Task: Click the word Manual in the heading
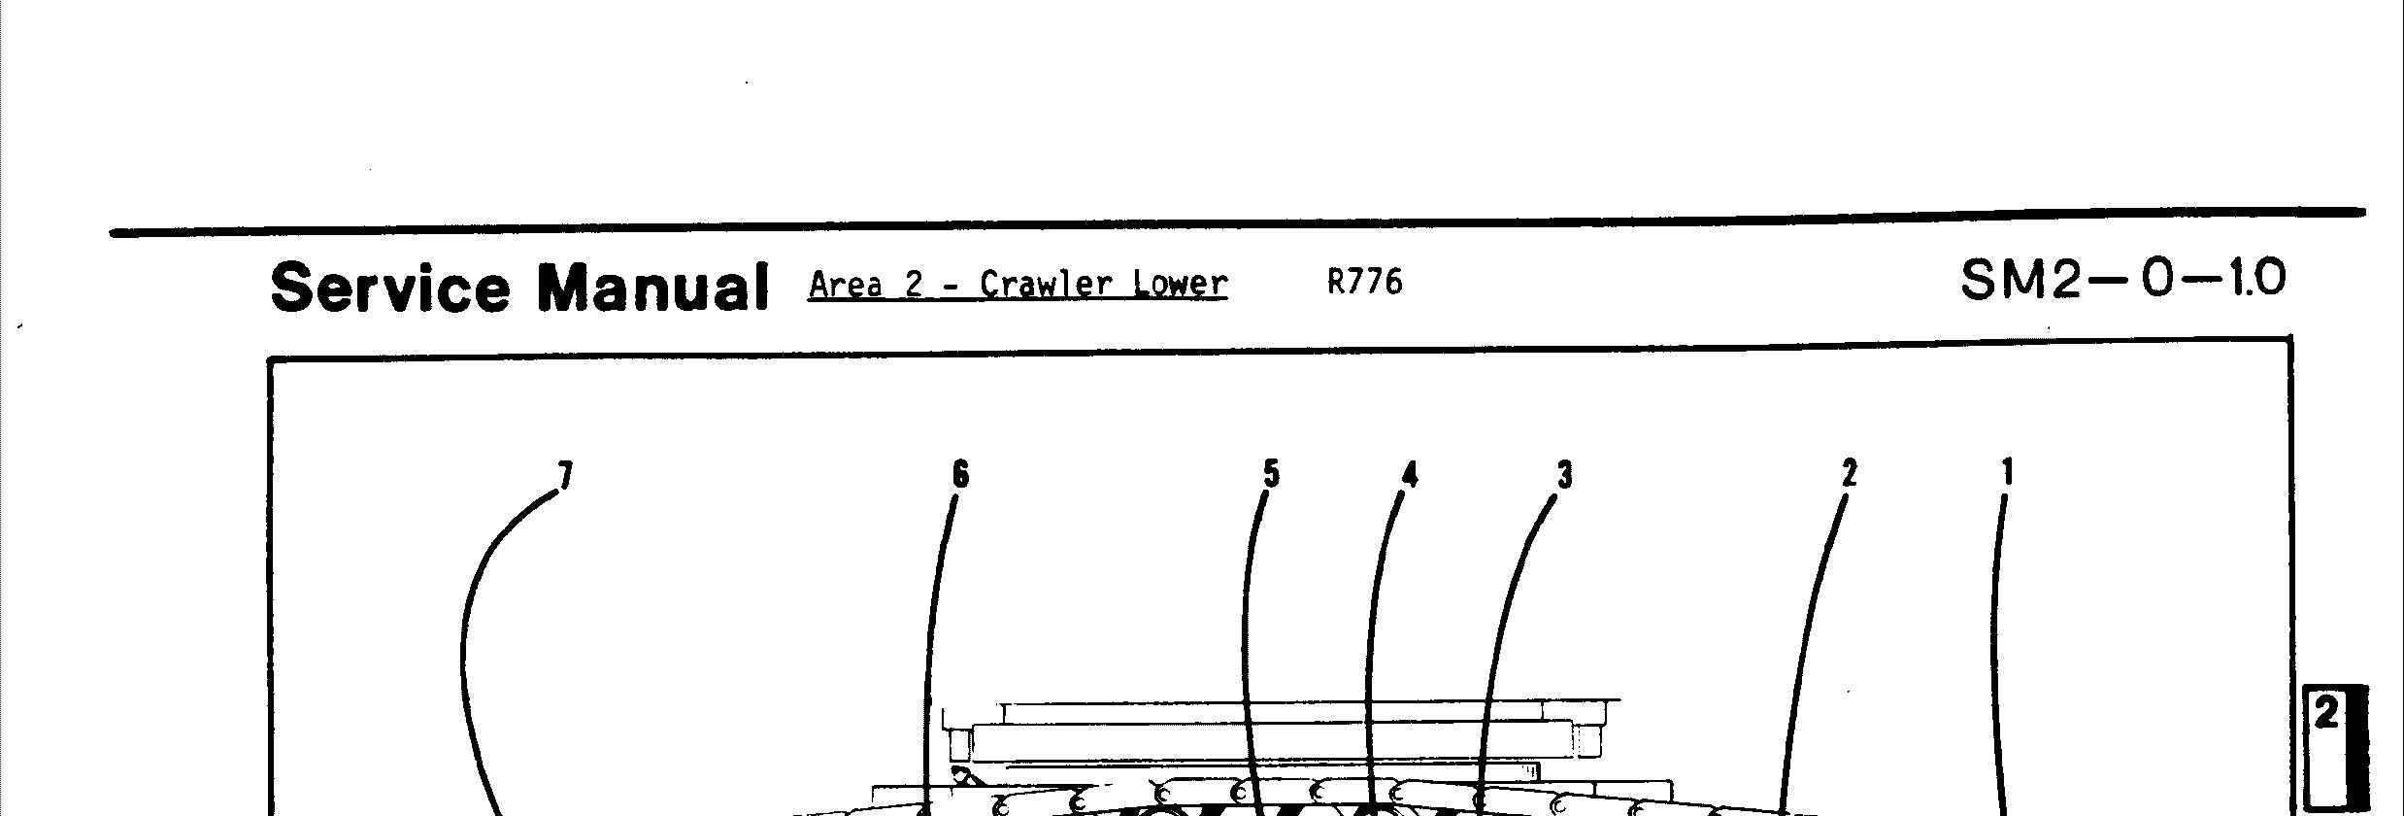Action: (x=652, y=288)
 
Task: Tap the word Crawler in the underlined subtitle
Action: (x=1046, y=284)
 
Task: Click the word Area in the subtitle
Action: (x=845, y=284)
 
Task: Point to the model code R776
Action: (x=1364, y=282)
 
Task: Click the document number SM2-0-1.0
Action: (x=2123, y=280)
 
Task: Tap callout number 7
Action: (x=565, y=475)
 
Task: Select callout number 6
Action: (x=960, y=474)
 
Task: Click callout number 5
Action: (x=1271, y=473)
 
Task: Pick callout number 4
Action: (x=1410, y=474)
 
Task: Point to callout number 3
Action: (x=1564, y=475)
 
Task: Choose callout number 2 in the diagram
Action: (x=1849, y=473)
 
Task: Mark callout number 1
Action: (x=2008, y=473)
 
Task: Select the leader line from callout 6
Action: (x=933, y=631)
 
